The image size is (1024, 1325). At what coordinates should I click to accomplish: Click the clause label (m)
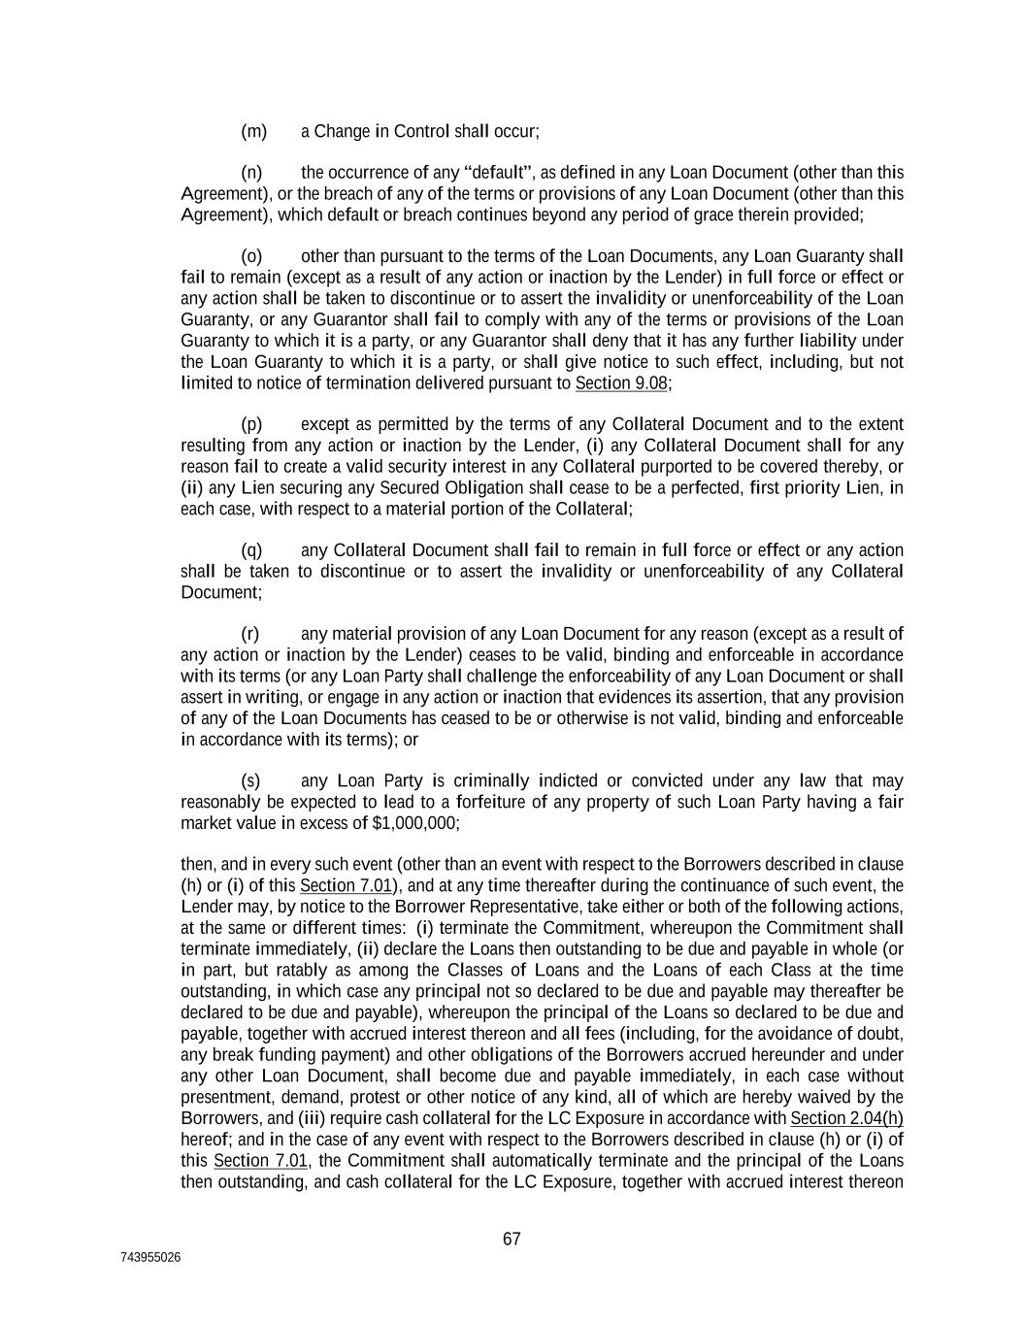253,131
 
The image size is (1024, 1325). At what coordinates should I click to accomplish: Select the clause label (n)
251,173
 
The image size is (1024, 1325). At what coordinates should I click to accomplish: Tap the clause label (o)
251,256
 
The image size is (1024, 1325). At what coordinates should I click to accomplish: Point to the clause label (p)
251,424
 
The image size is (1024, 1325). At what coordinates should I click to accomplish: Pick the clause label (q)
251,550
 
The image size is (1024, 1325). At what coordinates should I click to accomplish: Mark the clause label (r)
250,634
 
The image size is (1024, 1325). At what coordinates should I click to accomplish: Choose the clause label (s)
250,781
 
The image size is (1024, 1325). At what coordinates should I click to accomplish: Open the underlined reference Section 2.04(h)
847,1118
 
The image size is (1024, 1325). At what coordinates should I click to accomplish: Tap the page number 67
512,1239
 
